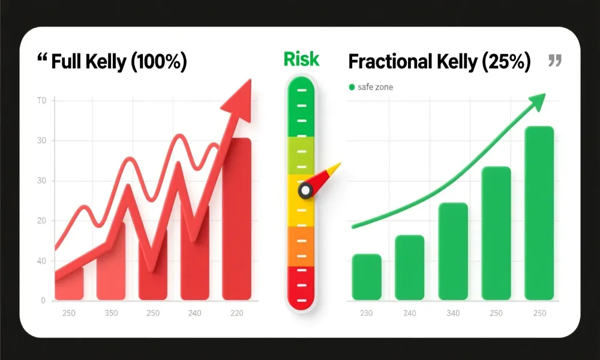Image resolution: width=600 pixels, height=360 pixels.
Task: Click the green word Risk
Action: click(x=301, y=59)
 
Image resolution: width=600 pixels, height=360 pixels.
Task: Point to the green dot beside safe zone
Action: click(x=352, y=88)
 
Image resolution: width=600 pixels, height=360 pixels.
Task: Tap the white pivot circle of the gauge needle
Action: click(x=305, y=191)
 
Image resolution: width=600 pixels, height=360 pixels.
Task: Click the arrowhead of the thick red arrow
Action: click(x=239, y=98)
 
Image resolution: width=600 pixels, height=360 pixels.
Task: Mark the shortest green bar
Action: click(x=366, y=277)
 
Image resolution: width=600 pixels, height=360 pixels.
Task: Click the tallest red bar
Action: click(x=236, y=219)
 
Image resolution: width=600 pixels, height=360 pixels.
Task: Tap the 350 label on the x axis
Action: click(x=110, y=313)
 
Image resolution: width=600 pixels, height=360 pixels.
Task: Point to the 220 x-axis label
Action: click(x=236, y=313)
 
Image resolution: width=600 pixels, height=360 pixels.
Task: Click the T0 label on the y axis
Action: click(x=41, y=101)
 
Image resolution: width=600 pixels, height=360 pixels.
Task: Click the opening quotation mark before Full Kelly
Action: click(x=42, y=59)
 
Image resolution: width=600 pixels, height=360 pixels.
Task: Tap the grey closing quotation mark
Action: click(x=555, y=60)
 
